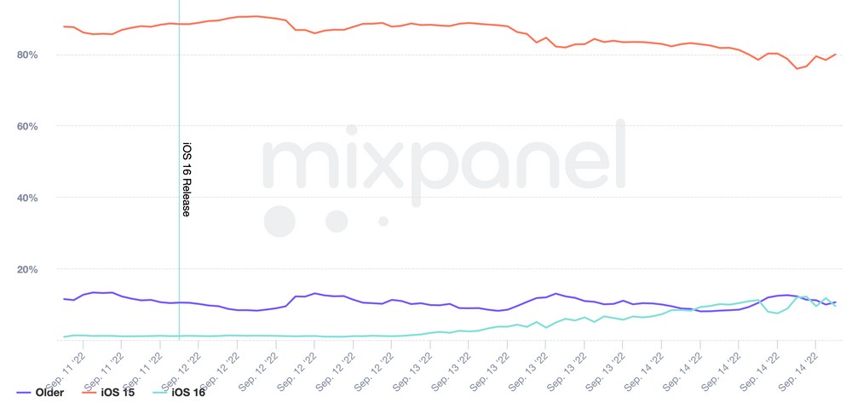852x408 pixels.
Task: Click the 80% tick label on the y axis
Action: pyautogui.click(x=26, y=55)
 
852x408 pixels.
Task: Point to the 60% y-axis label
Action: pyautogui.click(x=26, y=127)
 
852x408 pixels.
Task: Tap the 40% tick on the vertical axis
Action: pyautogui.click(x=26, y=198)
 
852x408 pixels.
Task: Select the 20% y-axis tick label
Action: pyautogui.click(x=26, y=270)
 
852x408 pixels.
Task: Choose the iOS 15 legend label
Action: pyautogui.click(x=118, y=393)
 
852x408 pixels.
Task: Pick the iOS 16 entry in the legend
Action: pyautogui.click(x=188, y=393)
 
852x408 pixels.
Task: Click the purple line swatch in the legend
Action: pyautogui.click(x=26, y=393)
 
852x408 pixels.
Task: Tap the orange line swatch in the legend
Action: pyautogui.click(x=89, y=393)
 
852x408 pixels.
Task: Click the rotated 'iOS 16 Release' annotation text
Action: pyautogui.click(x=185, y=179)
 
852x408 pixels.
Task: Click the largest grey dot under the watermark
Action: pyautogui.click(x=279, y=221)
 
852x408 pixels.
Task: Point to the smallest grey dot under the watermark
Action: pyautogui.click(x=383, y=221)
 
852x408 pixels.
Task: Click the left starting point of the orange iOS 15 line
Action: pyautogui.click(x=64, y=26)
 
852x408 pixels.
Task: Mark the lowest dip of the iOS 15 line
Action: pyautogui.click(x=797, y=68)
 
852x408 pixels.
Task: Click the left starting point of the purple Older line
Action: pyautogui.click(x=64, y=298)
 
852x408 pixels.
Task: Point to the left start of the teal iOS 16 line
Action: pyautogui.click(x=64, y=336)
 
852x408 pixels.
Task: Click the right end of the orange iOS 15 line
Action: pyautogui.click(x=836, y=54)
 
